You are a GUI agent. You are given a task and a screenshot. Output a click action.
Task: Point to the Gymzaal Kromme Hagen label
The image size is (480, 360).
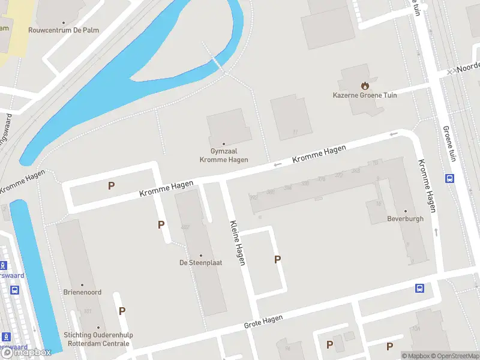pos(224,156)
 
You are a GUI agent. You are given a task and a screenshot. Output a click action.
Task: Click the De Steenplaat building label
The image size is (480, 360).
pos(201,262)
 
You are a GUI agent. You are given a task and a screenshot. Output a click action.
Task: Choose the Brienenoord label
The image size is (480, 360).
pos(83,292)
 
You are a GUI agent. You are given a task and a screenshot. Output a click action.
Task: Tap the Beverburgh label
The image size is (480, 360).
pos(406,218)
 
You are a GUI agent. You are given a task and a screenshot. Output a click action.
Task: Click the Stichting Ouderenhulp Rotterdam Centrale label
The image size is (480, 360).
pos(97,339)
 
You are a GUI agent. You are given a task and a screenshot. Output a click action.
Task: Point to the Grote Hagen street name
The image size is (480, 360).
pos(263,322)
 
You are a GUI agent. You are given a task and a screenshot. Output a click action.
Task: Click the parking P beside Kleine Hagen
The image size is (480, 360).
pos(277,259)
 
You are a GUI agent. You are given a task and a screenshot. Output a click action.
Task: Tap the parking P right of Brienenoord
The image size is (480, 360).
pos(122,311)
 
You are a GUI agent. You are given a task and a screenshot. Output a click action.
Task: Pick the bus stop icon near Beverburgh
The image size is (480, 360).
pos(420,288)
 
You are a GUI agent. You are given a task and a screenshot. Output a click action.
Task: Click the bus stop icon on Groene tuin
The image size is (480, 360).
pos(449,178)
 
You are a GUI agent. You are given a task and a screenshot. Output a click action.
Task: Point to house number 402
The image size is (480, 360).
pos(185,227)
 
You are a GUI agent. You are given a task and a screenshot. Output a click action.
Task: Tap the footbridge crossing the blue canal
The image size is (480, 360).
pos(217,62)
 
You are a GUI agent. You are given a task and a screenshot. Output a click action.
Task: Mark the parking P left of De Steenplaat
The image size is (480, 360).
pos(161,224)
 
